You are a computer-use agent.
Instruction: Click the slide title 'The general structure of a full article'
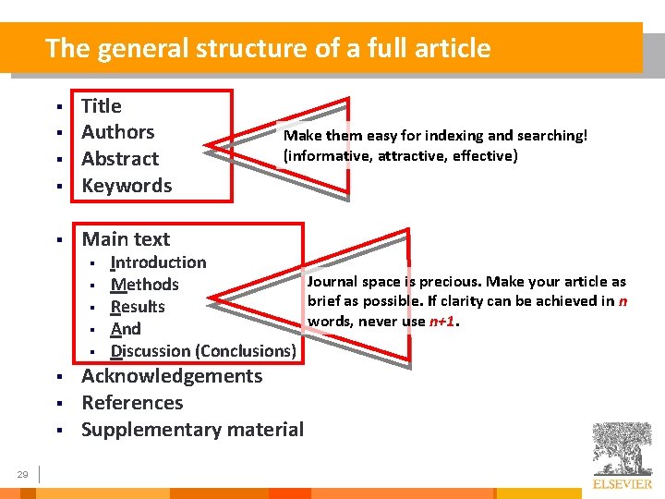pyautogui.click(x=268, y=48)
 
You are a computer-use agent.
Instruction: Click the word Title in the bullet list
pyautogui.click(x=102, y=106)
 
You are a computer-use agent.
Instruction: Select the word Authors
pyautogui.click(x=117, y=132)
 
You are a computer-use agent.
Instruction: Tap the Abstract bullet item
pyautogui.click(x=120, y=159)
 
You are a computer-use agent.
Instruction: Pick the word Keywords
pyautogui.click(x=127, y=186)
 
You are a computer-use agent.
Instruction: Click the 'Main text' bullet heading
pyautogui.click(x=126, y=239)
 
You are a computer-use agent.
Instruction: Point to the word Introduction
pyautogui.click(x=158, y=262)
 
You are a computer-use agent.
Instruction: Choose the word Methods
pyautogui.click(x=144, y=285)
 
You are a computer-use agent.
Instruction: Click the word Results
pyautogui.click(x=138, y=307)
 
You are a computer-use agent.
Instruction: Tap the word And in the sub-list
pyautogui.click(x=126, y=329)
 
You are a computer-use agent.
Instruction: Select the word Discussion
pyautogui.click(x=151, y=351)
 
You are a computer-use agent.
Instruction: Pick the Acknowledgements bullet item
pyautogui.click(x=172, y=376)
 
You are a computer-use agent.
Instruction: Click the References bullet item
pyautogui.click(x=132, y=403)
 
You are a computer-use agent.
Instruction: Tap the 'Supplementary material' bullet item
pyautogui.click(x=192, y=430)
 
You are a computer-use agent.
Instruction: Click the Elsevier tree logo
pyautogui.click(x=622, y=449)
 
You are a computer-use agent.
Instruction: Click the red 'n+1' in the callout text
pyautogui.click(x=443, y=322)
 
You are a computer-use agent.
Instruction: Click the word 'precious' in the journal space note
pyautogui.click(x=448, y=282)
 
